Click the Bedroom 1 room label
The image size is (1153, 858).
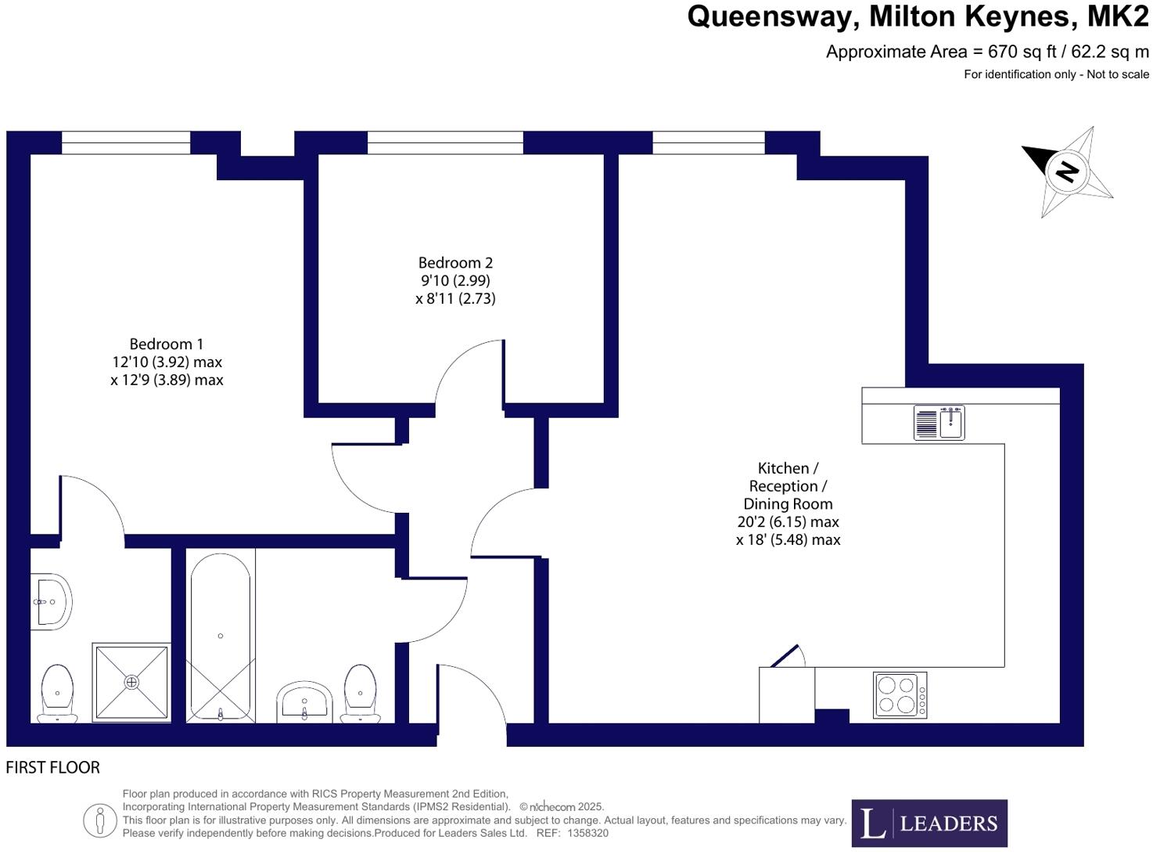coord(166,344)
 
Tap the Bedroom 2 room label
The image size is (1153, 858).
coord(455,263)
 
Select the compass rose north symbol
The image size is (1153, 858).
coord(1068,171)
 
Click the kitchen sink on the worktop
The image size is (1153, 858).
coord(939,423)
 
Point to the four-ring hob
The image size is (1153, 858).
coord(900,694)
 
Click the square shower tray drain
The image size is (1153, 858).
coord(131,682)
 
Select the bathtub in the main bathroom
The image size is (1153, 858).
coord(221,636)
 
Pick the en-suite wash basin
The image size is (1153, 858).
coord(52,601)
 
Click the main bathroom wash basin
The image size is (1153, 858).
coord(305,701)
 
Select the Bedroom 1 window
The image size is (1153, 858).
coord(126,142)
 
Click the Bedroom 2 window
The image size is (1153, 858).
coord(445,142)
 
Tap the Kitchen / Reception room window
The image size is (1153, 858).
coord(708,142)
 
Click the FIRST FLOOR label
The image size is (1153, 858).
coord(53,767)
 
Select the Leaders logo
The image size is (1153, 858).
coord(929,823)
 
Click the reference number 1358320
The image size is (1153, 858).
coord(587,834)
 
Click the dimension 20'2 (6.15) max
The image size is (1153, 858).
coord(788,522)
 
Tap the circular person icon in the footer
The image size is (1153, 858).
coord(100,820)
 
